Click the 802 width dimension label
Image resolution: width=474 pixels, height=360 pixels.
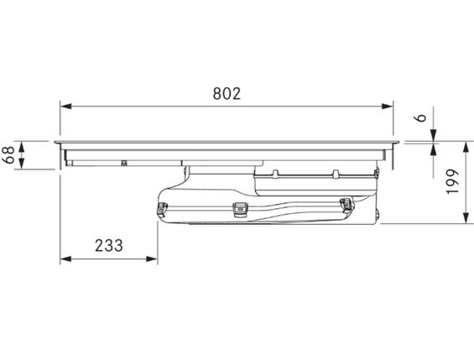pos(227,94)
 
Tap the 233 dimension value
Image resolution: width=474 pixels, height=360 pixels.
pos(109,245)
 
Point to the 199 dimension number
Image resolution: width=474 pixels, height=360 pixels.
pos(452,181)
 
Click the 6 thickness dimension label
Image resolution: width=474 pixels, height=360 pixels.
pos(420,117)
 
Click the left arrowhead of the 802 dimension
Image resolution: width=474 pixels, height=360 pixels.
pos(66,107)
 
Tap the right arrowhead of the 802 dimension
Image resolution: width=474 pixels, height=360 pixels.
pos(388,107)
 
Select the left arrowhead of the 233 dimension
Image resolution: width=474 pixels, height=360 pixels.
pos(66,258)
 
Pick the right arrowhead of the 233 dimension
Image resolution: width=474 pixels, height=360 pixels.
pos(152,258)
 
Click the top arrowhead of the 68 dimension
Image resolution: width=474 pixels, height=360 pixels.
pos(22,147)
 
